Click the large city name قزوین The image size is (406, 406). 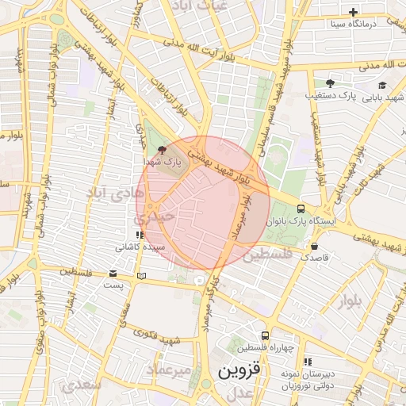coord(238,371)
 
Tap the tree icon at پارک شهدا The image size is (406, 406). coord(163,149)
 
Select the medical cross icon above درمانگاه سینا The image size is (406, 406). coord(354,12)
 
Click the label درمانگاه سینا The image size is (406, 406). coord(360,24)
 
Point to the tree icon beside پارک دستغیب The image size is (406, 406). coord(330,83)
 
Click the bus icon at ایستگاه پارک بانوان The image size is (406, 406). coord(300,208)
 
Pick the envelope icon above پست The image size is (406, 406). coord(113,274)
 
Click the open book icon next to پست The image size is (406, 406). coord(141,275)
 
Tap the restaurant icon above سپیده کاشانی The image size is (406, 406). coord(139,235)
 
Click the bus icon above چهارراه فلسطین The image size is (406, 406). coord(265,335)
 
